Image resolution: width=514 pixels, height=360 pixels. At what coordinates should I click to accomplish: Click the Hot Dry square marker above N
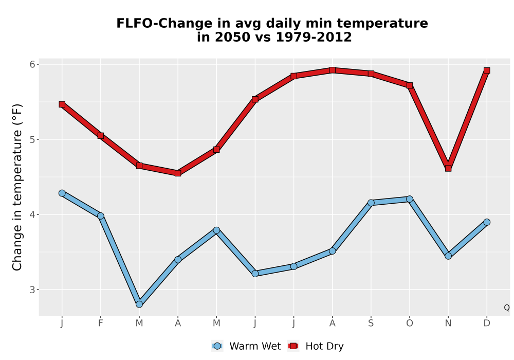(x=448, y=169)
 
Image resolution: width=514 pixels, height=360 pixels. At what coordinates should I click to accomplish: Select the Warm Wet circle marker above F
(x=101, y=215)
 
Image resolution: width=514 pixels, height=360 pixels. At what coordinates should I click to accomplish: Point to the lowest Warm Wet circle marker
(x=139, y=304)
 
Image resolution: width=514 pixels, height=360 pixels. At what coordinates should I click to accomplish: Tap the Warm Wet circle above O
(x=410, y=199)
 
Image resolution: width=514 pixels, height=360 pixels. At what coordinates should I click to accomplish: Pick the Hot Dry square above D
(x=487, y=70)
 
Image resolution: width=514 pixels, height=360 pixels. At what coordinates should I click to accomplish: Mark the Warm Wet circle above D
(x=487, y=222)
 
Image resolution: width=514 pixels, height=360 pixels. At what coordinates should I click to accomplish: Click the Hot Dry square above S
(x=371, y=74)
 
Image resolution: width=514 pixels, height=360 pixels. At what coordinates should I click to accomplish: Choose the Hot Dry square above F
(x=101, y=136)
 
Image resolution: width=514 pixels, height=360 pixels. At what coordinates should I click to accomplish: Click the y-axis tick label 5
(x=32, y=140)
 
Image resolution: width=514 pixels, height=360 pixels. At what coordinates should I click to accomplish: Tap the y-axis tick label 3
(x=32, y=290)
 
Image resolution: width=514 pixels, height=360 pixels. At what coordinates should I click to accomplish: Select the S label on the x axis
(x=371, y=323)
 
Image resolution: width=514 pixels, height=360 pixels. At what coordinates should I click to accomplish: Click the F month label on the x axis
(x=101, y=323)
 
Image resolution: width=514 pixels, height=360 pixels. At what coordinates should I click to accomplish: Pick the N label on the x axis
(x=448, y=323)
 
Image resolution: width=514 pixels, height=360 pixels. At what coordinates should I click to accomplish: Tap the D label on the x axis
(x=487, y=323)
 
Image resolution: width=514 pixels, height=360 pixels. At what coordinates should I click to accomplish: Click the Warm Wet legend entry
(x=246, y=346)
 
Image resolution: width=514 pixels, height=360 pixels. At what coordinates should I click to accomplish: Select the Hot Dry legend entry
(x=316, y=346)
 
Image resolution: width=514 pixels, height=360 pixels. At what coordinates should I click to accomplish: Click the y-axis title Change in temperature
(x=17, y=187)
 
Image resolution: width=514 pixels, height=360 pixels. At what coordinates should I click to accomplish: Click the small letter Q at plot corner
(x=507, y=308)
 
